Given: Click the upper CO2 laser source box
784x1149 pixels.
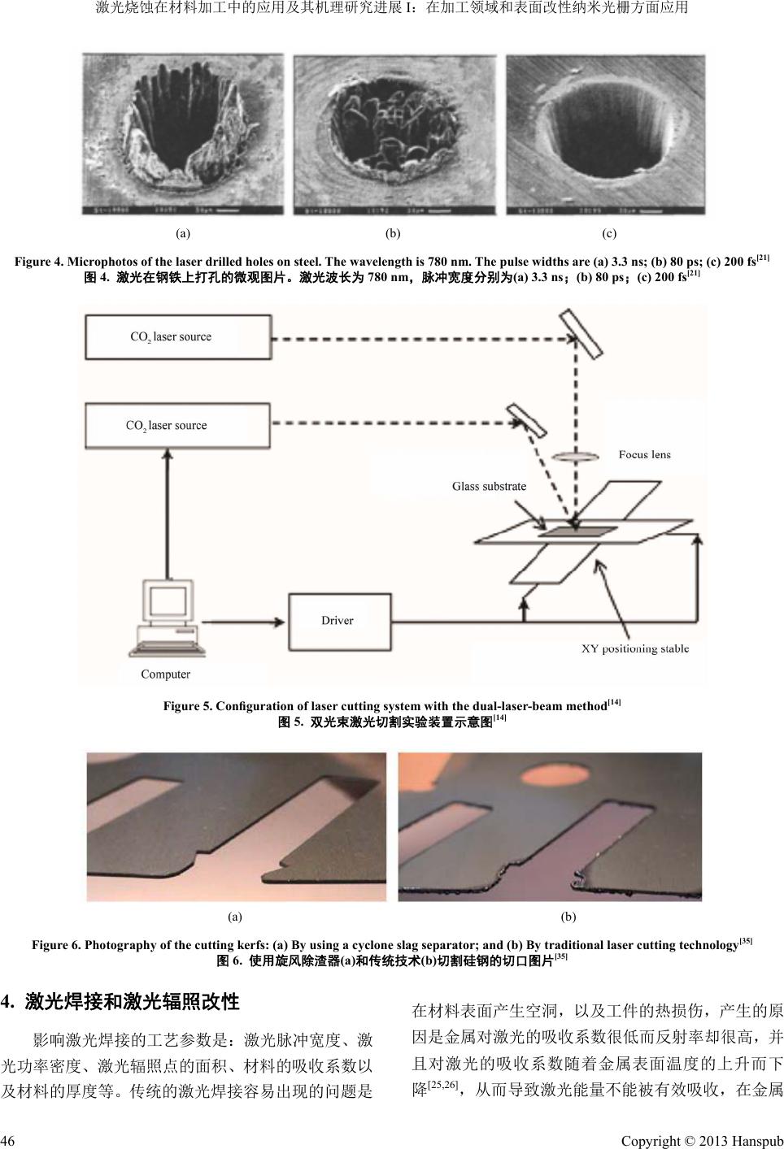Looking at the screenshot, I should point(178,336).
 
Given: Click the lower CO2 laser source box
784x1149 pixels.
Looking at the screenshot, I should point(177,425).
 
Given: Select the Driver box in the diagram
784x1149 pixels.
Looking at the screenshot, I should point(338,620).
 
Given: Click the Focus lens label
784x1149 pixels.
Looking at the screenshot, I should point(644,454).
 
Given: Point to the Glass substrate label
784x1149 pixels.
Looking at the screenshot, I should point(489,486).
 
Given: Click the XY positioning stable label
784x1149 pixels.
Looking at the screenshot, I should point(635,648).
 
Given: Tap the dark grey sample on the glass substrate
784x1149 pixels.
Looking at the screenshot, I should point(577,532).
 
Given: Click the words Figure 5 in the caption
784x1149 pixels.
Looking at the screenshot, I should point(188,705).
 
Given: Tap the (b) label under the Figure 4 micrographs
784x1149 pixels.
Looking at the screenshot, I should point(393,233).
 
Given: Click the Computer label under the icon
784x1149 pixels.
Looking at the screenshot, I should point(165,674).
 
